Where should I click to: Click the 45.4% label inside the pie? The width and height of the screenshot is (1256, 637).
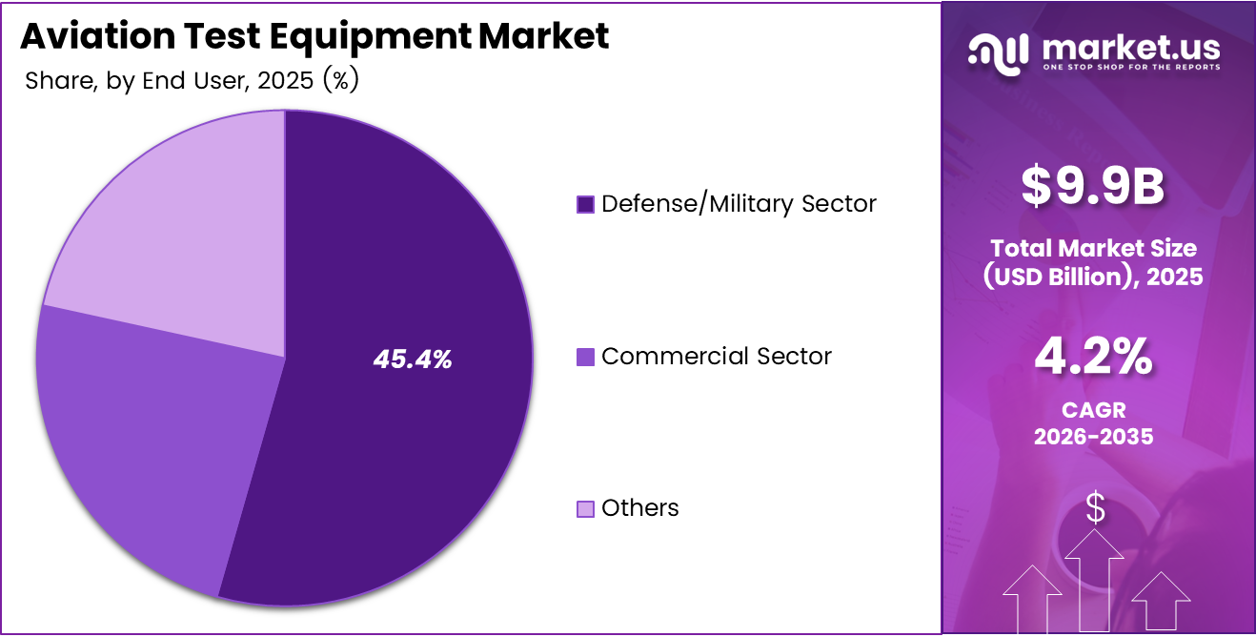413,360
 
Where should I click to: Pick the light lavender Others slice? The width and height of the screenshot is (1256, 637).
181,219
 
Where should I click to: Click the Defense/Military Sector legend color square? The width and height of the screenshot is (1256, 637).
585,204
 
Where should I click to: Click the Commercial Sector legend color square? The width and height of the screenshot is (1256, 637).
585,357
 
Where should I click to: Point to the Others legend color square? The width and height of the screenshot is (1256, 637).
585,508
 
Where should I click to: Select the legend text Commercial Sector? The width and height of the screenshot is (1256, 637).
717,357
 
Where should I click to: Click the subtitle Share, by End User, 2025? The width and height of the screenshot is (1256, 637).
191,81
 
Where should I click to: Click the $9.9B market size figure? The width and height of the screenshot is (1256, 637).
1094,186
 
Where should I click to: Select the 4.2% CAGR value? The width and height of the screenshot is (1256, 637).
1094,358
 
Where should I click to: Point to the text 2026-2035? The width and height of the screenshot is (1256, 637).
1094,437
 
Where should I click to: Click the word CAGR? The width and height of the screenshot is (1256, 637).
1094,410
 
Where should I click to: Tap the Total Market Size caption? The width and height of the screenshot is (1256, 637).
1094,248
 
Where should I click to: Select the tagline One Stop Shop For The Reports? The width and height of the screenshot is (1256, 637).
1130,68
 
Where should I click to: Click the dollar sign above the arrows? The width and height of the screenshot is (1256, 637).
1095,508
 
